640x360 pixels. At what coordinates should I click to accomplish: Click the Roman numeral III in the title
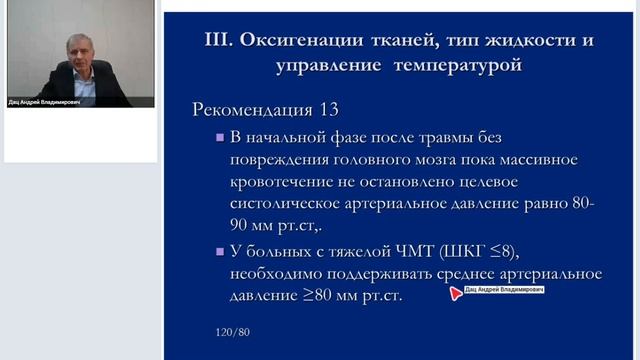[219, 41]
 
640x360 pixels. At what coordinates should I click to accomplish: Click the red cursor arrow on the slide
[456, 293]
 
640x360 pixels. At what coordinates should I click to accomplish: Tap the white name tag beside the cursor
[504, 288]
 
